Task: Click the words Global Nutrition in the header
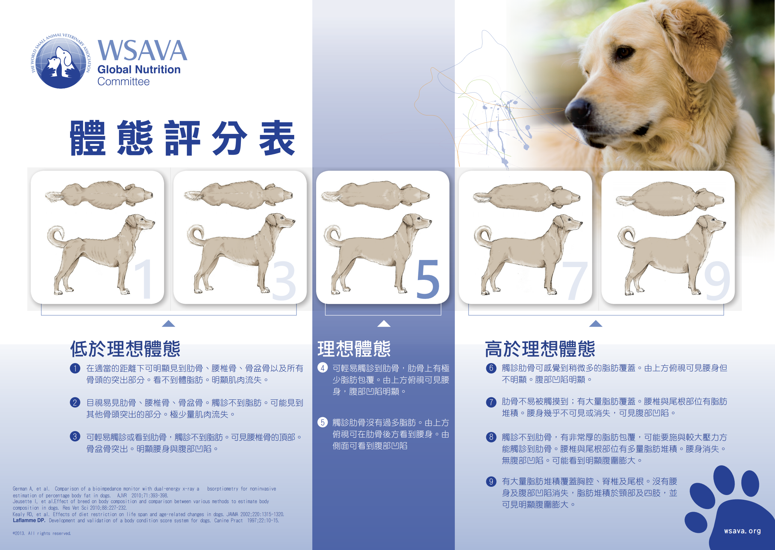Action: pyautogui.click(x=139, y=70)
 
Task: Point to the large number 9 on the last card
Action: pyautogui.click(x=717, y=281)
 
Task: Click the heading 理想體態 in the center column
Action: pyautogui.click(x=354, y=349)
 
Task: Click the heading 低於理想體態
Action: pyautogui.click(x=125, y=349)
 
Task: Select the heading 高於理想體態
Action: pyautogui.click(x=540, y=349)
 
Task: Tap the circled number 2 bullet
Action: pyautogui.click(x=75, y=402)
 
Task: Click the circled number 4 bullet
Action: pyautogui.click(x=322, y=368)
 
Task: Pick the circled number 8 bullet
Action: pyautogui.click(x=491, y=437)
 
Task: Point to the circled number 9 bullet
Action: pyautogui.click(x=491, y=481)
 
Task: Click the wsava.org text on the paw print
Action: pyautogui.click(x=742, y=531)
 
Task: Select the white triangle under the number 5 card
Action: pyautogui.click(x=384, y=324)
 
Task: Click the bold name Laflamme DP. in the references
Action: pyautogui.click(x=29, y=520)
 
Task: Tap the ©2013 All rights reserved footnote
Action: pyautogui.click(x=42, y=533)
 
